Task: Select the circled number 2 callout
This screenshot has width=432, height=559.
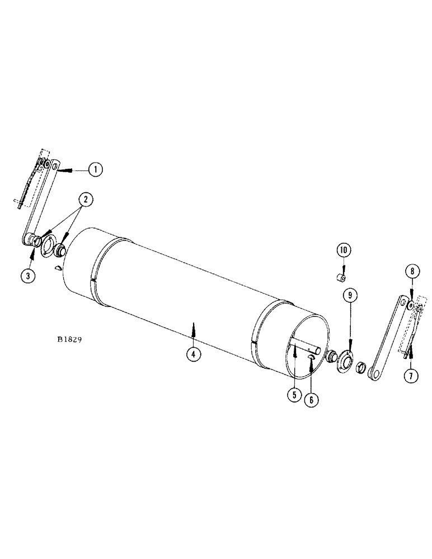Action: coord(86,198)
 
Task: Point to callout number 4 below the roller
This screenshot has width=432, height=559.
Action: coord(193,354)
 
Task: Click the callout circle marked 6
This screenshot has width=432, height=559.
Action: coord(311,400)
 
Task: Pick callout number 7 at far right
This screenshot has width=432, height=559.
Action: coord(411,376)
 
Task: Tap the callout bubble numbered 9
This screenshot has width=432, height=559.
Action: coord(350,295)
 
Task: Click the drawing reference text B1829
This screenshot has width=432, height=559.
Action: coord(70,339)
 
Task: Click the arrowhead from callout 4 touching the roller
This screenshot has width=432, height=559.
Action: coord(193,324)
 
